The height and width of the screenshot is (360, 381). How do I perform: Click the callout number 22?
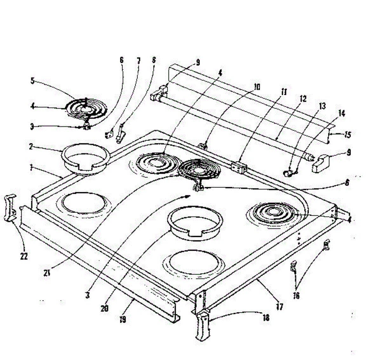[x=24, y=256]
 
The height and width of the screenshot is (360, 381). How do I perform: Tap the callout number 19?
[x=123, y=320]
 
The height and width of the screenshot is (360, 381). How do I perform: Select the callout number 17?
[x=279, y=307]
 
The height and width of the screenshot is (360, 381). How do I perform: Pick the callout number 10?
[x=257, y=87]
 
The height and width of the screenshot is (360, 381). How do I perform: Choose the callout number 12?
[x=303, y=99]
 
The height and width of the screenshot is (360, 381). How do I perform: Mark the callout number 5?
[x=32, y=81]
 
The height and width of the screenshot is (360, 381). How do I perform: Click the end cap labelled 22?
[x=10, y=208]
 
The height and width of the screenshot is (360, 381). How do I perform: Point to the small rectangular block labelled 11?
[x=239, y=167]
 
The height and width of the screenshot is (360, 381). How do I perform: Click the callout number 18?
[x=266, y=317]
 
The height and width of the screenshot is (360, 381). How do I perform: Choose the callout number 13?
[x=322, y=106]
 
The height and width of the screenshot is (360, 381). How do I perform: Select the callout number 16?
[x=296, y=296]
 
